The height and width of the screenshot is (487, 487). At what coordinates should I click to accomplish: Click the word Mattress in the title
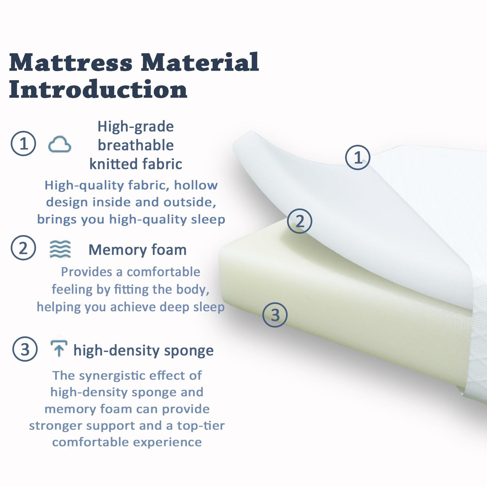(71, 63)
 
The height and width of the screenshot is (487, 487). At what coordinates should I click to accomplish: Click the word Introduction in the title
(98, 89)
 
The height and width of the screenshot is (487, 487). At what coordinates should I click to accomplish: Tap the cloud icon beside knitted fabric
(59, 144)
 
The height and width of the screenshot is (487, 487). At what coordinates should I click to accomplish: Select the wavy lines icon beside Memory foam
(60, 249)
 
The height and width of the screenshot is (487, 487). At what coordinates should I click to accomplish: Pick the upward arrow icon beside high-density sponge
(59, 348)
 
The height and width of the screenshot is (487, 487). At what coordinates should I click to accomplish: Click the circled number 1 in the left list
(23, 143)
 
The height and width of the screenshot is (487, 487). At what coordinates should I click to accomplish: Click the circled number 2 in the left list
(23, 248)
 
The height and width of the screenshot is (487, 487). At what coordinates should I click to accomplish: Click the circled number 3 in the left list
(25, 349)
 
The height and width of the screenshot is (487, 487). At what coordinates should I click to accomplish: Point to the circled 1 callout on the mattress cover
(357, 157)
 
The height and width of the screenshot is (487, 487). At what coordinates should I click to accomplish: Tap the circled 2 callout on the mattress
(300, 221)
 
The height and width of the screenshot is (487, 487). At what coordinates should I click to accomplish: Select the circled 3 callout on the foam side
(275, 315)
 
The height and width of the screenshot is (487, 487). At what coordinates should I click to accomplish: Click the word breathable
(136, 145)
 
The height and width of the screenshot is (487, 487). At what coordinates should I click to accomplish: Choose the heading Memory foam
(137, 250)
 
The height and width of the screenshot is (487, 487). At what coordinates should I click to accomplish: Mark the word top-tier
(201, 425)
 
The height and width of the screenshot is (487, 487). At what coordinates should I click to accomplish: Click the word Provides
(86, 272)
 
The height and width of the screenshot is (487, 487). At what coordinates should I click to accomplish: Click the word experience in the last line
(167, 442)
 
